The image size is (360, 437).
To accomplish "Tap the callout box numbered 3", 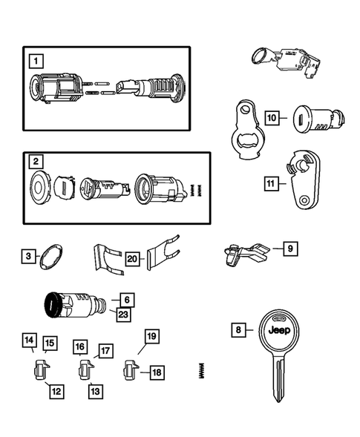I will (28, 257).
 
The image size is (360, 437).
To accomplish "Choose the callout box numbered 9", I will (290, 249).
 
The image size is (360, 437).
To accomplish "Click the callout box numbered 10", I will (272, 117).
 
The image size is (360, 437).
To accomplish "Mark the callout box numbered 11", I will (272, 183).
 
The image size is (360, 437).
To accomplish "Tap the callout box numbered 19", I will (151, 337).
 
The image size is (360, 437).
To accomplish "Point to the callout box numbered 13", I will (94, 390).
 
